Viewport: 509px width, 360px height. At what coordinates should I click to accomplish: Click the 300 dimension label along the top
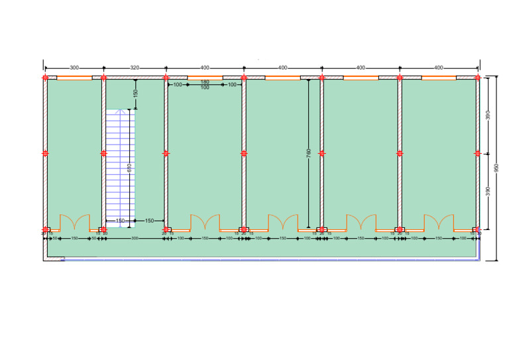[74, 68]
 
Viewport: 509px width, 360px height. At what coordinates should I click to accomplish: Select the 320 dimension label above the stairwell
[135, 68]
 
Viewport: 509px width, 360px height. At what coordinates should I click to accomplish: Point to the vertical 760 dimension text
[309, 153]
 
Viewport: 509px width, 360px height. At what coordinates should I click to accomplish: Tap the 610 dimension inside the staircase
[129, 168]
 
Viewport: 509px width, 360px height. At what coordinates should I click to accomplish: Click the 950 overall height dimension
[496, 168]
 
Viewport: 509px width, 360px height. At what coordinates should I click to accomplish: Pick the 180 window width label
[205, 82]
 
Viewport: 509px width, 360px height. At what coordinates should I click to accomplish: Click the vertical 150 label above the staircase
[135, 94]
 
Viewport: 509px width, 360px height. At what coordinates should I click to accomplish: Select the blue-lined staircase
[120, 166]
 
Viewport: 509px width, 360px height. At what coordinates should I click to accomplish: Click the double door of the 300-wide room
[74, 223]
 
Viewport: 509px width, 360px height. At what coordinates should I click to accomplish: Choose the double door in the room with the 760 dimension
[283, 223]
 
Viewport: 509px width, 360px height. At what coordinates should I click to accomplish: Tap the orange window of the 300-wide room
[74, 78]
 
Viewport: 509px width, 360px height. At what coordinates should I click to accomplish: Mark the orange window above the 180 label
[205, 78]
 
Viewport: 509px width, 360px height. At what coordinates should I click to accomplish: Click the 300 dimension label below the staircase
[135, 238]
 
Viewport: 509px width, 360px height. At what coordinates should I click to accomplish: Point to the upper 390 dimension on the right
[488, 115]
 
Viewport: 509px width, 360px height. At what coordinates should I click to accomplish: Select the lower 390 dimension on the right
[488, 192]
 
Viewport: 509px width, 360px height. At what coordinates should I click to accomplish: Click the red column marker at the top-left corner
[44, 78]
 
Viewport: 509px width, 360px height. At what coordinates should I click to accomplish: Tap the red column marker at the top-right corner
[478, 78]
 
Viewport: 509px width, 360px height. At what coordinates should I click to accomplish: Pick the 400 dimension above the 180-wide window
[205, 68]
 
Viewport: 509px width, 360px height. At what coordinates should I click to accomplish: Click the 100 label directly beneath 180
[205, 88]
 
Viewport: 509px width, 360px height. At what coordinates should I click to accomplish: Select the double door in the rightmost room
[439, 223]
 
